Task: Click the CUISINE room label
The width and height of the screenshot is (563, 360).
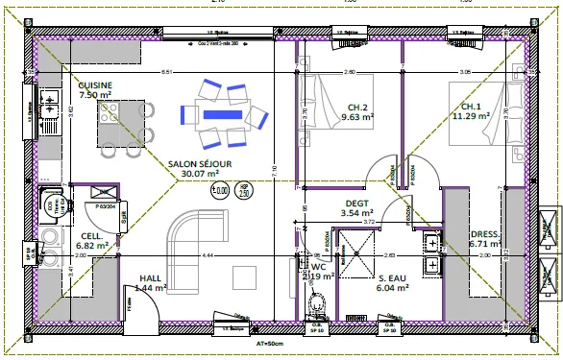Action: click(95, 85)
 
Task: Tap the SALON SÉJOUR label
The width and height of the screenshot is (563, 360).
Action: click(199, 164)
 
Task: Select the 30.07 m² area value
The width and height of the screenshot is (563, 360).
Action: click(200, 175)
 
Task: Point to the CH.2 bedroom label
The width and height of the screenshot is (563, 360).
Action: click(357, 107)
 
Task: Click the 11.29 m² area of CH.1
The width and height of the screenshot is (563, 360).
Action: click(471, 116)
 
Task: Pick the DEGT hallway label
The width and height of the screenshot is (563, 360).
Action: click(356, 203)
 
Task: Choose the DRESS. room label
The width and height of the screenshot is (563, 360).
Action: click(483, 233)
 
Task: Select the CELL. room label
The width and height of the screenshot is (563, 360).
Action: click(92, 235)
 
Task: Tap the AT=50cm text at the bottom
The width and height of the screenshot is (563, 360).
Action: click(272, 341)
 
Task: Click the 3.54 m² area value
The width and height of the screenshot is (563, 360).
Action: click(356, 213)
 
